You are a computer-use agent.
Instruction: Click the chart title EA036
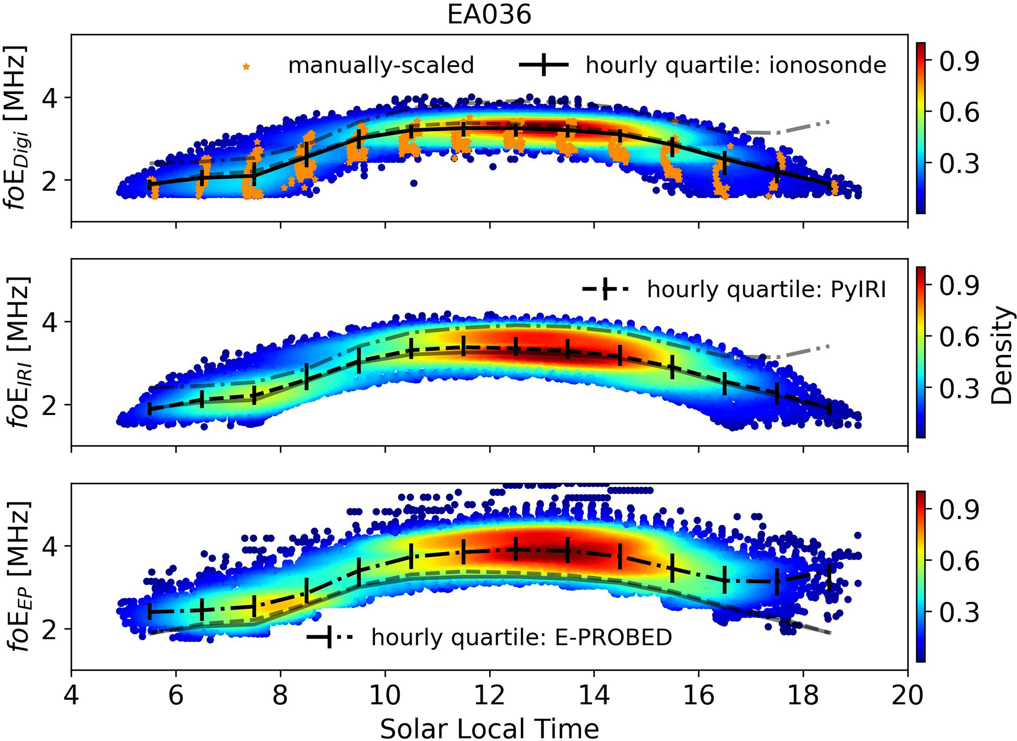pos(489,15)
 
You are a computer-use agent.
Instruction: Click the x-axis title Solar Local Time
pos(489,728)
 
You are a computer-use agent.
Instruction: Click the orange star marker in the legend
pos(246,66)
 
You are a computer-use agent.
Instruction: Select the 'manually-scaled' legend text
pos(381,65)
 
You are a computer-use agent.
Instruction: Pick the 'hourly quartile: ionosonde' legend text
pos(736,65)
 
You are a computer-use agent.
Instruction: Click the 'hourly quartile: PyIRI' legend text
pos(766,290)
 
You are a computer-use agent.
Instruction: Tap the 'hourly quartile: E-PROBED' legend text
pos(522,638)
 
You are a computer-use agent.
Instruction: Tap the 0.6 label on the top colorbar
pos(959,113)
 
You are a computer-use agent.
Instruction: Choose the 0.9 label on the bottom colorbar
pos(959,510)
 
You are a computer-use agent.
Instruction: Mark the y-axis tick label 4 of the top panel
pos(50,98)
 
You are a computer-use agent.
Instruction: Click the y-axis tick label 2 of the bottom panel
pos(50,629)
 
